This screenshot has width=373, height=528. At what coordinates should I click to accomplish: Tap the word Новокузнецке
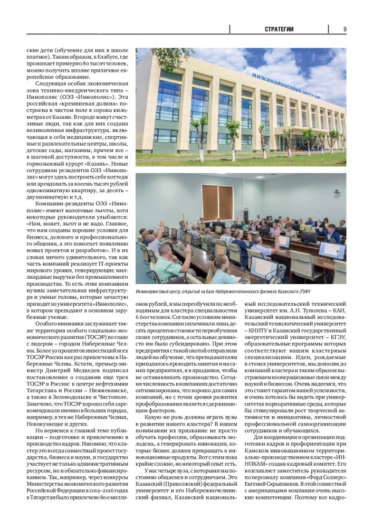tap(45, 408)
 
